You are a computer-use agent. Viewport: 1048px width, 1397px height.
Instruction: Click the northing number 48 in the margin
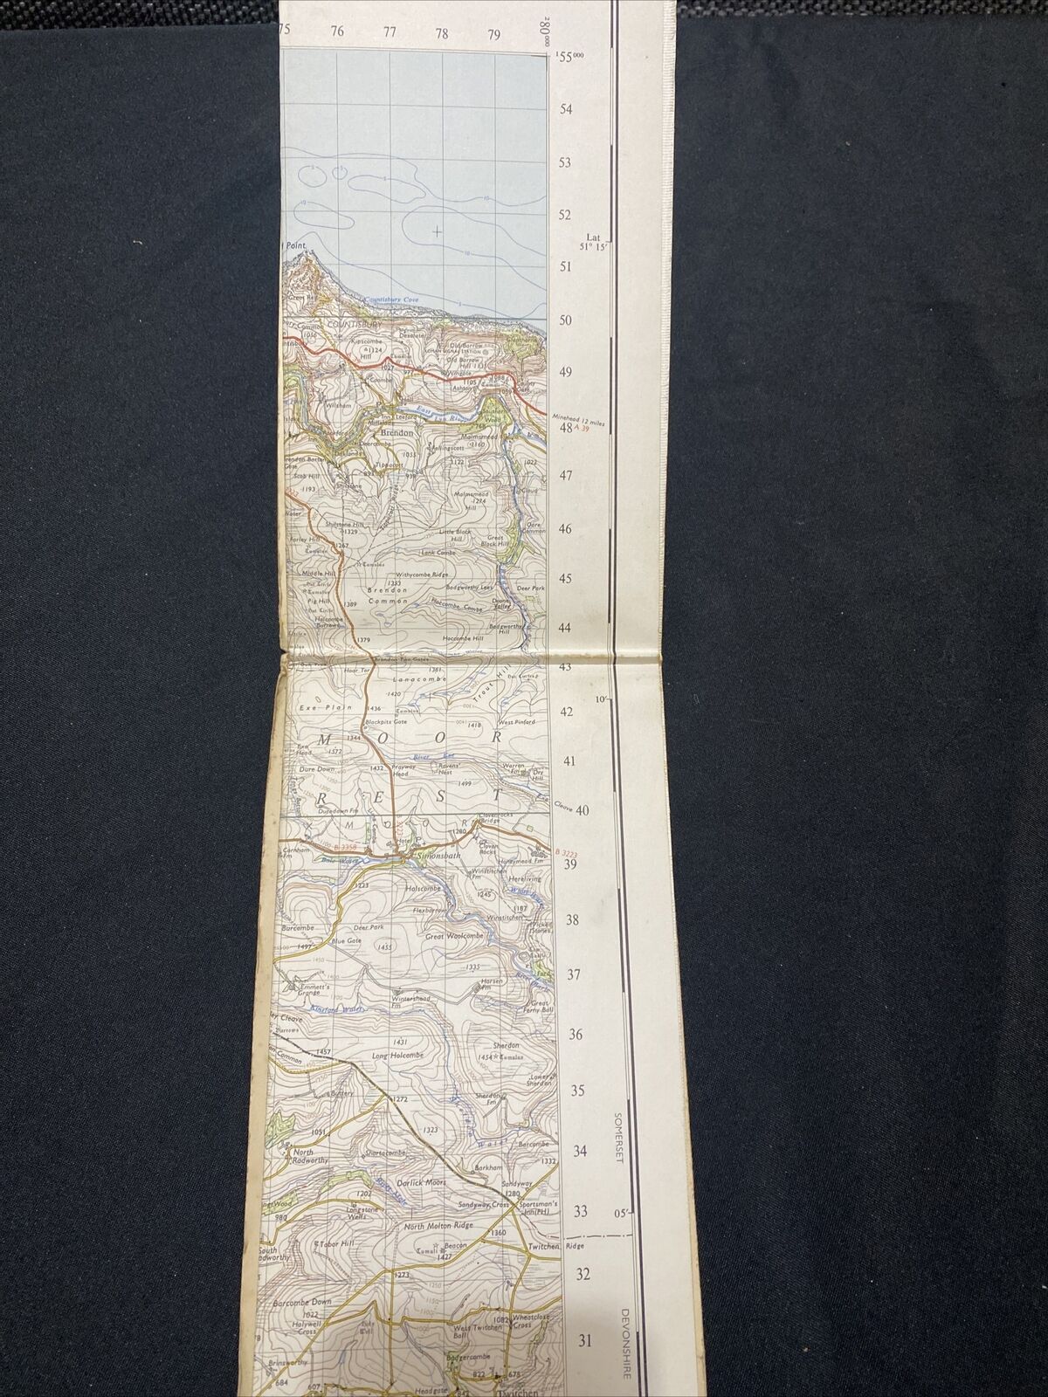click(x=565, y=428)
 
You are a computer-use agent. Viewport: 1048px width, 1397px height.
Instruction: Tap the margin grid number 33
click(x=580, y=1211)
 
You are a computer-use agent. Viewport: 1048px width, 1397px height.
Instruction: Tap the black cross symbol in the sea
click(x=437, y=231)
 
